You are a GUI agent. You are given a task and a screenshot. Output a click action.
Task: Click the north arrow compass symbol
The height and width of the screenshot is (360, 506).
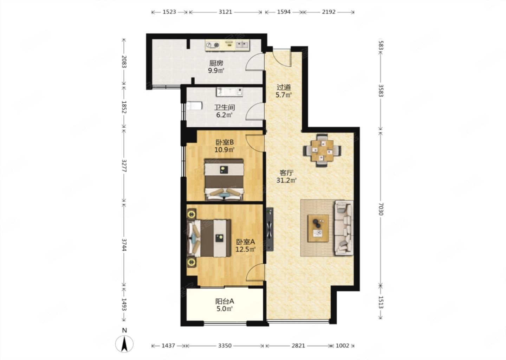[124, 344]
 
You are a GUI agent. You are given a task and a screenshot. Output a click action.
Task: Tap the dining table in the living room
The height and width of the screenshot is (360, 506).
[322, 150]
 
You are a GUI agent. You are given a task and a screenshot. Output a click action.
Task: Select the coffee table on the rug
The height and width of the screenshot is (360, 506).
[318, 228]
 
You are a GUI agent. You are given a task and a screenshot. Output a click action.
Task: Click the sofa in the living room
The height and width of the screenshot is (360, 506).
[344, 228]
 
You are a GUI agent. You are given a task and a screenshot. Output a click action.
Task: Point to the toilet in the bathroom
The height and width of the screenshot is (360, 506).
[194, 106]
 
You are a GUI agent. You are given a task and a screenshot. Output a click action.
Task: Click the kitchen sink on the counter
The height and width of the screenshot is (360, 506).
[242, 45]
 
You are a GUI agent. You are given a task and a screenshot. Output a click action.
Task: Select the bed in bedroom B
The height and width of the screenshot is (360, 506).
[224, 180]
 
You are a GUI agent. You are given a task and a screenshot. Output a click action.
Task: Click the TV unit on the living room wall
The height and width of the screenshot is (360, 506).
[270, 229]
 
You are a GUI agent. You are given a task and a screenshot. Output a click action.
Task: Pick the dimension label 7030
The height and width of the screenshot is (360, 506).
[381, 209]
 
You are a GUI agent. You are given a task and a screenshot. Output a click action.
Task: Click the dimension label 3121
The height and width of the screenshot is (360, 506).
[225, 12]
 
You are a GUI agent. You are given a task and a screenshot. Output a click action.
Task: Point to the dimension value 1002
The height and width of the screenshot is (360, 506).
[343, 346]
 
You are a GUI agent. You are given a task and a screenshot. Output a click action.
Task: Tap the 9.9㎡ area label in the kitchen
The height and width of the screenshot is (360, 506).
[216, 71]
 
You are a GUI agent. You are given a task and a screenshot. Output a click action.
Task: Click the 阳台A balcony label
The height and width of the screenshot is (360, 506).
[225, 301]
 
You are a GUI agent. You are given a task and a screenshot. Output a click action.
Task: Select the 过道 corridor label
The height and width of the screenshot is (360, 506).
[284, 87]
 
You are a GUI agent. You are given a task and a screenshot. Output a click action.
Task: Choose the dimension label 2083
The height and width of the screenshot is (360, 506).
[124, 62]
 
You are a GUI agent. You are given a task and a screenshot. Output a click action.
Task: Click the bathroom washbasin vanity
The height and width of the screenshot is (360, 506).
[229, 92]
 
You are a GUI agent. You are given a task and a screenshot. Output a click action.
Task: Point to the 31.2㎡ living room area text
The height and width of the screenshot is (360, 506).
[286, 180]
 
